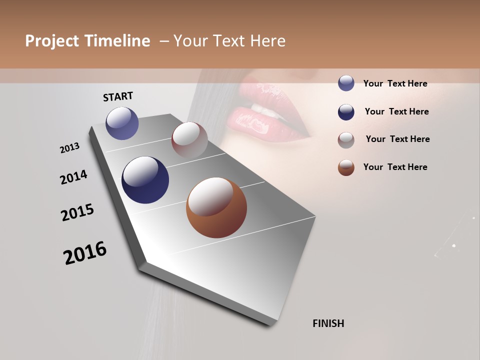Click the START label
118,96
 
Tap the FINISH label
328,323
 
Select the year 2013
70,148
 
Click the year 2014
74,177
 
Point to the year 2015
77,212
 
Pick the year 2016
85,252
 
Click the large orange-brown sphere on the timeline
216,207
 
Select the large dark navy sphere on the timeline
145,180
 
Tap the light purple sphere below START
122,123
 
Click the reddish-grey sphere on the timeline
189,140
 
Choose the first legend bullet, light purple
346,83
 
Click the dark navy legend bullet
346,112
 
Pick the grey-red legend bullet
346,140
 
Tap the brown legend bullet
346,167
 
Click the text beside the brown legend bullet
395,167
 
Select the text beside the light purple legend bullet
395,83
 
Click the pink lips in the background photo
265,117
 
